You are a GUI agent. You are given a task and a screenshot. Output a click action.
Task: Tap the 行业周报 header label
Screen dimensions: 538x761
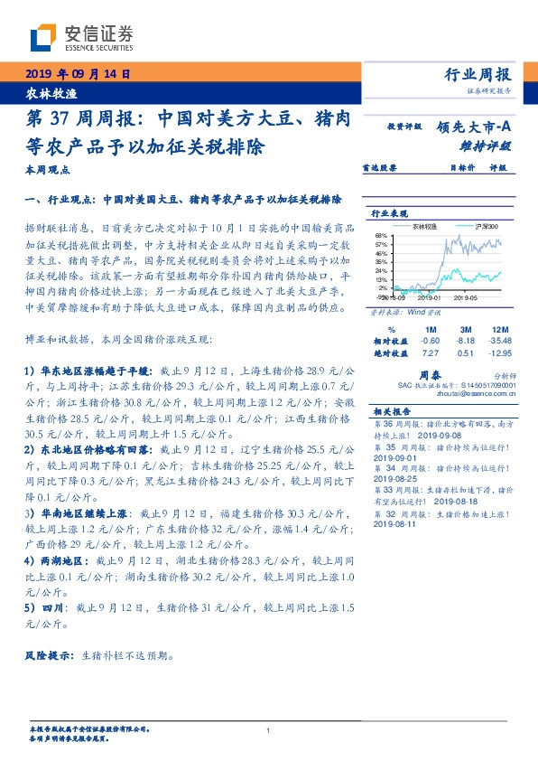478,75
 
